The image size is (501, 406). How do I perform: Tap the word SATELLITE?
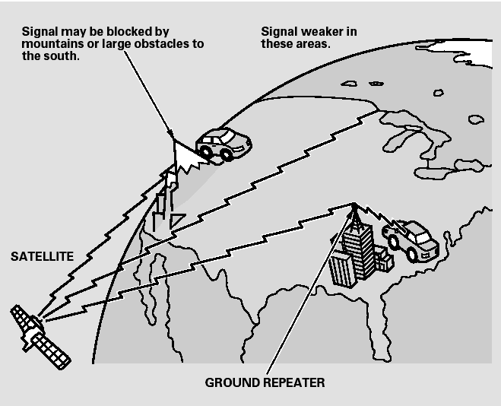[x=42, y=257]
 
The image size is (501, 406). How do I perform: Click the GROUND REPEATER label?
[x=265, y=382]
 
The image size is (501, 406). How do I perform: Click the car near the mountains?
[x=224, y=143]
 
